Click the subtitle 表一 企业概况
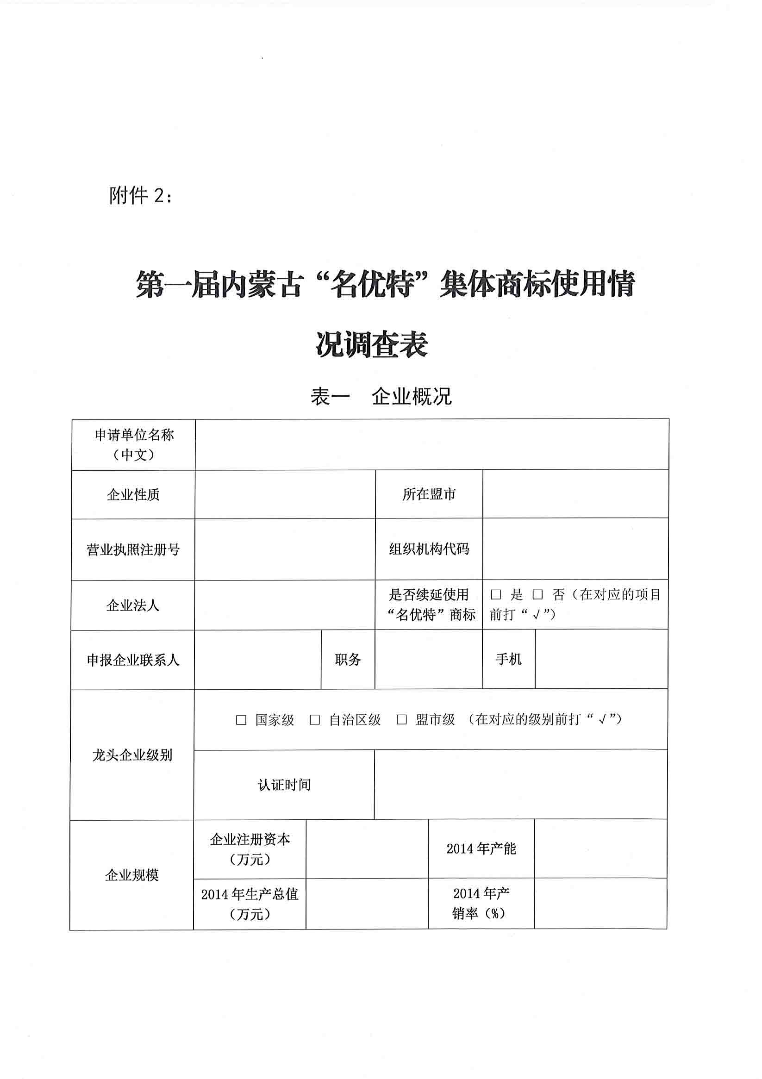click(381, 396)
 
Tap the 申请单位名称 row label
click(134, 444)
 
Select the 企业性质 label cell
click(133, 494)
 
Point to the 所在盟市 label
click(429, 494)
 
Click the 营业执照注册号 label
click(133, 549)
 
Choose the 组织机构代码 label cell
click(429, 549)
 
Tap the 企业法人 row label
click(132, 605)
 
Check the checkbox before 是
click(495, 595)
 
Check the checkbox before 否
click(537, 595)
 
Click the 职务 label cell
click(348, 660)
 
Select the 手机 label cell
click(509, 659)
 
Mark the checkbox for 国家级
click(241, 720)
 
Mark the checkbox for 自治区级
click(314, 720)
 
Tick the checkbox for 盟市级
click(401, 720)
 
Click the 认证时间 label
click(284, 784)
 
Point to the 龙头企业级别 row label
click(132, 755)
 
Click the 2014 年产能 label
click(481, 848)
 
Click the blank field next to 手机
click(601, 659)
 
